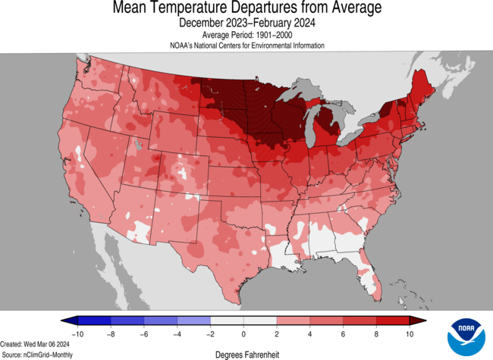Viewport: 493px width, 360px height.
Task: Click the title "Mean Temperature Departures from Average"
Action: (x=246, y=9)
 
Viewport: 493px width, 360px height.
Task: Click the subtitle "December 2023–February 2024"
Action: (x=246, y=23)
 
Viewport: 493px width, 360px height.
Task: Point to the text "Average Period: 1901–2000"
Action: (x=246, y=36)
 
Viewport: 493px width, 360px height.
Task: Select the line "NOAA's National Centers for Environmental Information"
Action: (x=246, y=45)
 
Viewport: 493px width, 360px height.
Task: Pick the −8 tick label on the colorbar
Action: (x=110, y=333)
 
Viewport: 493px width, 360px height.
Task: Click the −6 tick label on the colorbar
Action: (x=143, y=333)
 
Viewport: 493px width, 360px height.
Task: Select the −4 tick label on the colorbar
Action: (x=177, y=333)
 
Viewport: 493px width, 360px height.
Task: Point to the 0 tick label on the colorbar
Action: (x=243, y=333)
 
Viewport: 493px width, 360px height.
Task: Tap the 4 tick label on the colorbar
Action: (x=310, y=333)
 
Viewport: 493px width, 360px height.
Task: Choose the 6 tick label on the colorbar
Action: (x=344, y=333)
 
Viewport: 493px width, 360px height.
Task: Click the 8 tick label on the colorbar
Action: (x=377, y=333)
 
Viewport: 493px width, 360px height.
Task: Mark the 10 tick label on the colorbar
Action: (x=410, y=333)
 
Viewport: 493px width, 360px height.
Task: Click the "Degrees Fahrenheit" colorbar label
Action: (x=246, y=354)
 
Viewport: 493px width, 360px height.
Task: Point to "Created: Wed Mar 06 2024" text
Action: (x=37, y=343)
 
